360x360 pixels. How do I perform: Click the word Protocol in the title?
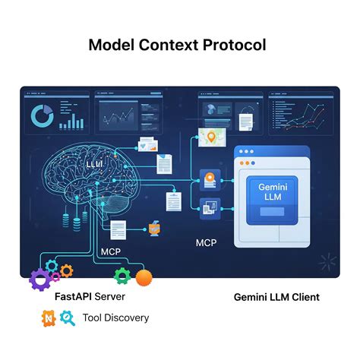[x=234, y=44]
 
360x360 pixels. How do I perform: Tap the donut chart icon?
[x=40, y=116]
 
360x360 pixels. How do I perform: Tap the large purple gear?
[x=41, y=279]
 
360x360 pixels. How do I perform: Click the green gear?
[x=122, y=275]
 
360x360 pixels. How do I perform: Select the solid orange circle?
[x=144, y=277]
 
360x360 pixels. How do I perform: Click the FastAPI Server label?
[x=90, y=296]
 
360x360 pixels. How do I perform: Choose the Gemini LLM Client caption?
[x=276, y=297]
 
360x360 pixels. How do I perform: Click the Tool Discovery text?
[x=115, y=317]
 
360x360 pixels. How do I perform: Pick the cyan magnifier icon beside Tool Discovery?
[x=68, y=318]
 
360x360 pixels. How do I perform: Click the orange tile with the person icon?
[x=207, y=178]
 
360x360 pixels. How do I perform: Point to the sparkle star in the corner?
[x=327, y=262]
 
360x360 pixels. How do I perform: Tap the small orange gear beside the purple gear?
[x=67, y=270]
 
